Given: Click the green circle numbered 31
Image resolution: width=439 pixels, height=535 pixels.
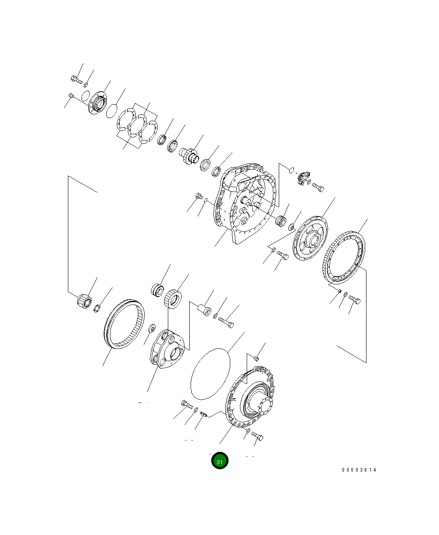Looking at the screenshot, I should pyautogui.click(x=219, y=461).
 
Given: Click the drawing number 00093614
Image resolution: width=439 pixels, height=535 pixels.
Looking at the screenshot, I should pyautogui.click(x=359, y=470).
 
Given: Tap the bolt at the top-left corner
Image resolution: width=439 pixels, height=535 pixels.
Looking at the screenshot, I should pyautogui.click(x=76, y=78).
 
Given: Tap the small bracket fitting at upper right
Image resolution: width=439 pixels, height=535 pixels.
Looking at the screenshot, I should pyautogui.click(x=302, y=178).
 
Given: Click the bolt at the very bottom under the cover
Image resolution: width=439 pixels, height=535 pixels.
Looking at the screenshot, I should pyautogui.click(x=257, y=436).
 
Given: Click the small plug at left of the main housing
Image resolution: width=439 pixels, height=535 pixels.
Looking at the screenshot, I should pyautogui.click(x=199, y=196).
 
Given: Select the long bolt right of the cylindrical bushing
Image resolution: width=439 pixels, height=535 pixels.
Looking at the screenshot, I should pyautogui.click(x=226, y=323).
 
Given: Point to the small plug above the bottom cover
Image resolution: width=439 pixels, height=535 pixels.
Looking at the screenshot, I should pyautogui.click(x=256, y=359).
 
